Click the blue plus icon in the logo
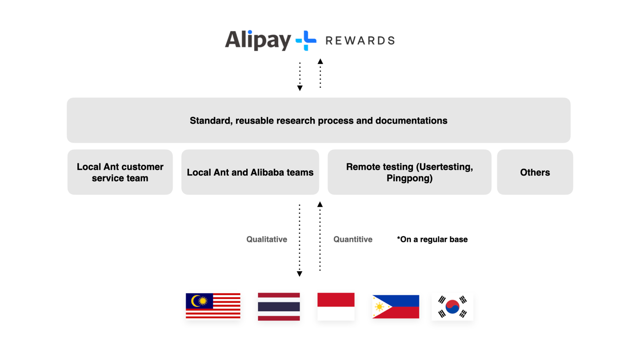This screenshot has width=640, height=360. coord(306,40)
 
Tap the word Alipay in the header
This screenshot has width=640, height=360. coord(258,40)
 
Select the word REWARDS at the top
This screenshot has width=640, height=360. coord(360,41)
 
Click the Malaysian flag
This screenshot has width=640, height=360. coord(213,306)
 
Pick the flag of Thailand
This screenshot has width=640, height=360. coord(279,306)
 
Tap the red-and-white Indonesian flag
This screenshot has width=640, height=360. coord(336,306)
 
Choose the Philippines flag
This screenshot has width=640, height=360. coord(396,307)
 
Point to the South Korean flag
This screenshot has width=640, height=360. coord(452,307)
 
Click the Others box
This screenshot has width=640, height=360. coord(535,172)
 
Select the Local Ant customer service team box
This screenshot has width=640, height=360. coord(120,172)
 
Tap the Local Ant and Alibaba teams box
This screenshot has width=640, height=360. coord(250,172)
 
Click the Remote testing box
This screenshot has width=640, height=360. coord(409,172)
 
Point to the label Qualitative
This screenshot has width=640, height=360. coord(267,240)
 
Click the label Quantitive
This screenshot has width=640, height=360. coord(353,240)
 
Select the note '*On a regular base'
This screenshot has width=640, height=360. coord(432,240)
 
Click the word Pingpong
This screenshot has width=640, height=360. coord(409,178)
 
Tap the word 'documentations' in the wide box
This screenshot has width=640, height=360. coord(411,120)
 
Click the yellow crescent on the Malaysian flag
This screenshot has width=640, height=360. coord(195,301)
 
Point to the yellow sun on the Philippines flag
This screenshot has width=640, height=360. coord(380,307)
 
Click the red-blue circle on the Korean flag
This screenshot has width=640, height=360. coord(452,307)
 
